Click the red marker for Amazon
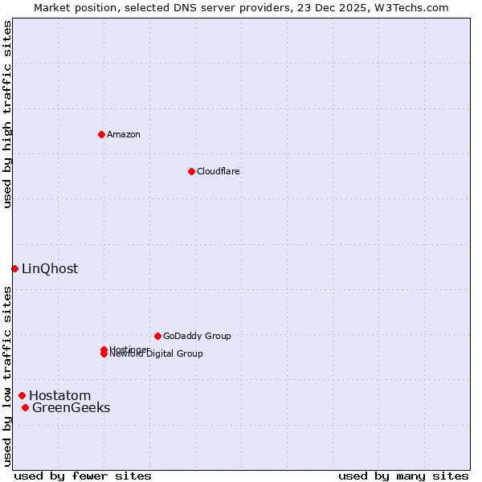(101, 134)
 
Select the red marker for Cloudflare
(191, 171)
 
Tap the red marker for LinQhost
(14, 268)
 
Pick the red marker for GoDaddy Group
(157, 336)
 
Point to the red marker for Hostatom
(22, 395)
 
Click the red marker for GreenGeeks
(25, 408)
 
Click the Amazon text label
(124, 134)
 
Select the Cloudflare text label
(219, 171)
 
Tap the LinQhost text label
(50, 269)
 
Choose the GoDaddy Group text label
(197, 336)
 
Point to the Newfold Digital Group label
(157, 354)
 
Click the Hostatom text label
(60, 395)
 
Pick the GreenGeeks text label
(71, 408)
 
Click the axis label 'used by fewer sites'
(83, 476)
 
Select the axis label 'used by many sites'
(403, 476)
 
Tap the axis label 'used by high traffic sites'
(7, 114)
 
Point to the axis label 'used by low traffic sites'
(7, 376)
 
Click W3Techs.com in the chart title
(415, 8)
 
